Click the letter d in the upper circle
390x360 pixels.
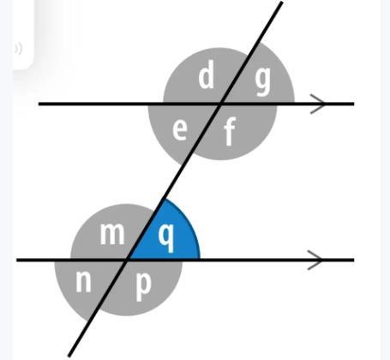pyautogui.click(x=207, y=75)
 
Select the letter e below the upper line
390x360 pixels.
pyautogui.click(x=180, y=129)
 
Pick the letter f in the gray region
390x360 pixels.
pyautogui.click(x=230, y=131)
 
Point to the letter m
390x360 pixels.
pyautogui.click(x=112, y=234)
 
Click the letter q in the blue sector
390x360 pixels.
pyautogui.click(x=166, y=237)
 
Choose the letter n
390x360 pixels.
pyautogui.click(x=83, y=281)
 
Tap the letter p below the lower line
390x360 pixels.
pyautogui.click(x=143, y=285)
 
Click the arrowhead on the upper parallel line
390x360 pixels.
pyautogui.click(x=318, y=104)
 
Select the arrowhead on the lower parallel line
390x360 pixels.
pyautogui.click(x=315, y=260)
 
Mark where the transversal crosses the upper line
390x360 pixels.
pyautogui.click(x=220, y=104)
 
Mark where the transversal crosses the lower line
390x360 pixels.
pyautogui.click(x=127, y=260)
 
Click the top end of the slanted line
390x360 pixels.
pyautogui.click(x=282, y=3)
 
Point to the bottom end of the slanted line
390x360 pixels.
pyautogui.click(x=69, y=356)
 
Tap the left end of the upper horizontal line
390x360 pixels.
pyautogui.click(x=39, y=104)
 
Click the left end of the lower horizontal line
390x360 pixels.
pyautogui.click(x=17, y=260)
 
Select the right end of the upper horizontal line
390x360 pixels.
pyautogui.click(x=354, y=104)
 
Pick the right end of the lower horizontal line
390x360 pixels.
pyautogui.click(x=354, y=260)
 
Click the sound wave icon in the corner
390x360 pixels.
pyautogui.click(x=18, y=49)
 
